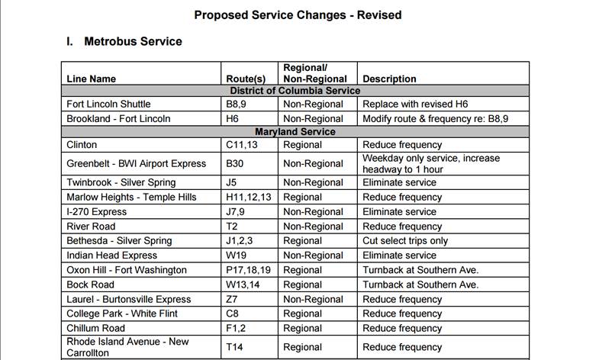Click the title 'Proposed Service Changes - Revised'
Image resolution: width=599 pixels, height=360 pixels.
click(298, 14)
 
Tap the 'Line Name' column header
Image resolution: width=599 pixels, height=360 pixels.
click(92, 79)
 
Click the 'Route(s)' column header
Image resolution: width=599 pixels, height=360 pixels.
click(246, 79)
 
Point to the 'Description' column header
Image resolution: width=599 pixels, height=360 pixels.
click(389, 79)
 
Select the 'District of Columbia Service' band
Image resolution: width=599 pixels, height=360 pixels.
click(295, 91)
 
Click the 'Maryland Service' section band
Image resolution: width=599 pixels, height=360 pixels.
click(295, 132)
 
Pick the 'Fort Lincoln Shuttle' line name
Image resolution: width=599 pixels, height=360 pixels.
click(108, 104)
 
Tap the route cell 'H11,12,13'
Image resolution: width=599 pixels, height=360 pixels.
click(249, 198)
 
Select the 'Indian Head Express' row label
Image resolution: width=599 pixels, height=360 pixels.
click(111, 256)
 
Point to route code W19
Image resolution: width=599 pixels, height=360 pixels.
click(237, 256)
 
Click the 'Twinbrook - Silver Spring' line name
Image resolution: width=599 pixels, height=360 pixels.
click(121, 183)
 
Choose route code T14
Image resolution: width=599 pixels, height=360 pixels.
click(235, 347)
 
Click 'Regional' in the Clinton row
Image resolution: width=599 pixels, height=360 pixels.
click(302, 145)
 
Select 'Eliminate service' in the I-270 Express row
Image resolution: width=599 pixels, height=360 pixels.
click(399, 212)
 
